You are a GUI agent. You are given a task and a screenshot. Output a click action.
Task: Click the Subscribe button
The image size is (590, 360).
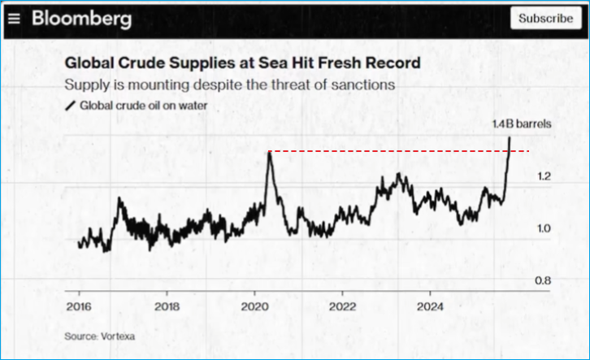[x=545, y=18]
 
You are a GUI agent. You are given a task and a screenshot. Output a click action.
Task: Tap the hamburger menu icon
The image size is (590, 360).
[x=14, y=18]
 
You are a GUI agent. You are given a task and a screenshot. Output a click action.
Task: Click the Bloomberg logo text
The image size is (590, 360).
[x=81, y=18]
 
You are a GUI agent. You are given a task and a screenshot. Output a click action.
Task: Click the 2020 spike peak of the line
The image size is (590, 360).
[x=269, y=153]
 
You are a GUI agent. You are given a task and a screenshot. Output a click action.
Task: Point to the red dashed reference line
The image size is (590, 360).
[x=390, y=151]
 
